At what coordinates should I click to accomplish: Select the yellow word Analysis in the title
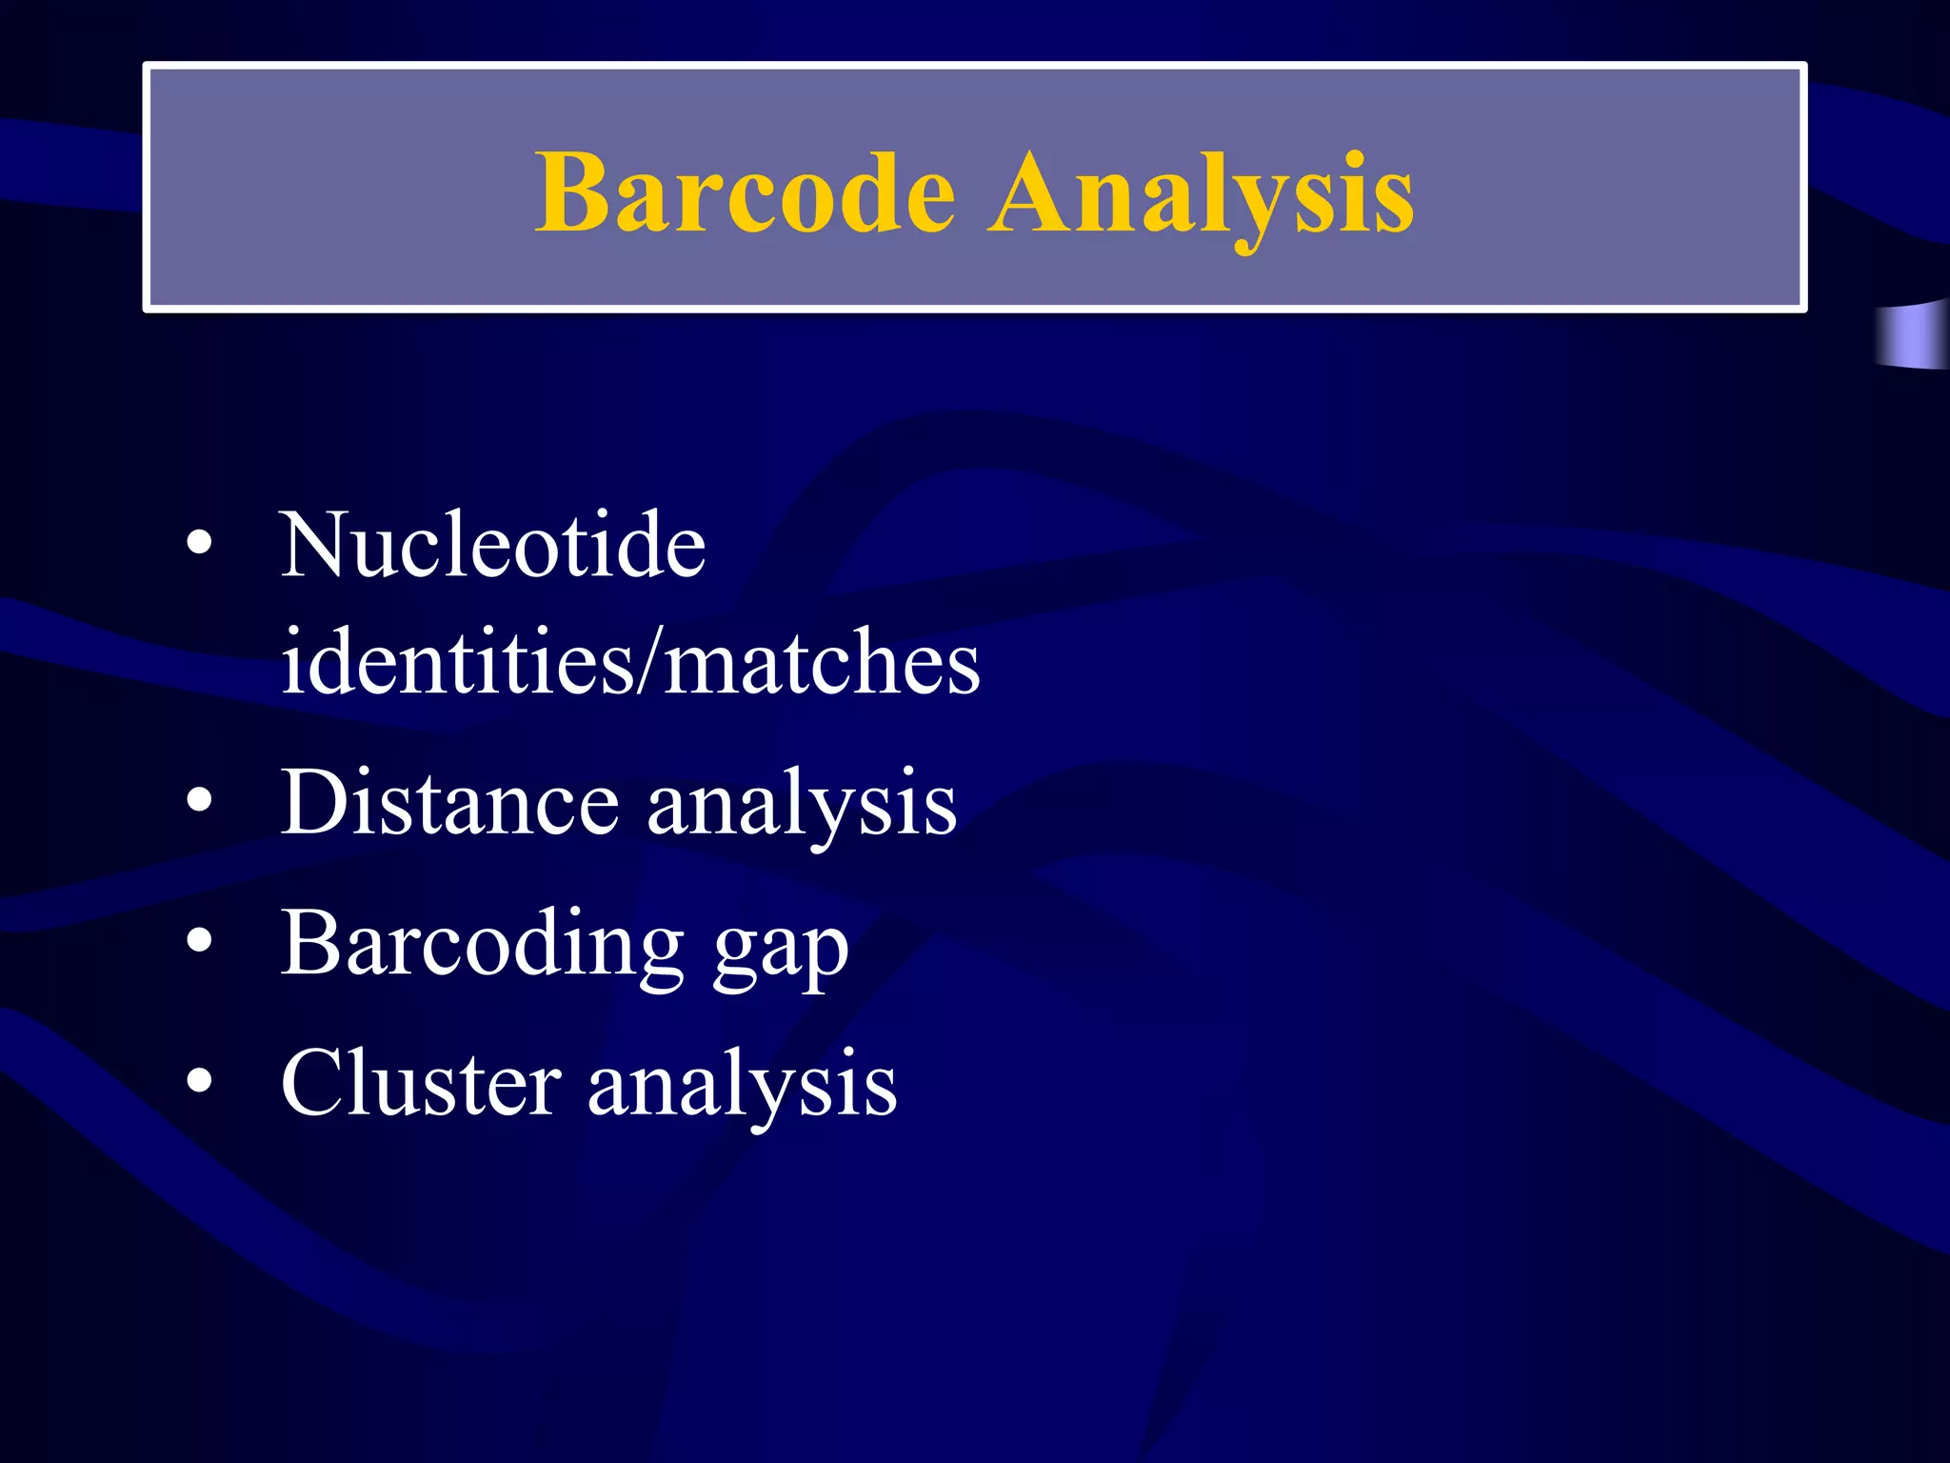coord(1201,195)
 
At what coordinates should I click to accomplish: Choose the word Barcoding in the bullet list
coord(482,943)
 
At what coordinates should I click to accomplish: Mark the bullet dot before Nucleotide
coord(199,544)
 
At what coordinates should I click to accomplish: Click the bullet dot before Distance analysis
coord(199,801)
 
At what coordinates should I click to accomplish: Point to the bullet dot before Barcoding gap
coord(199,941)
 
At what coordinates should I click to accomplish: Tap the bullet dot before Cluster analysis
coord(199,1081)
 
